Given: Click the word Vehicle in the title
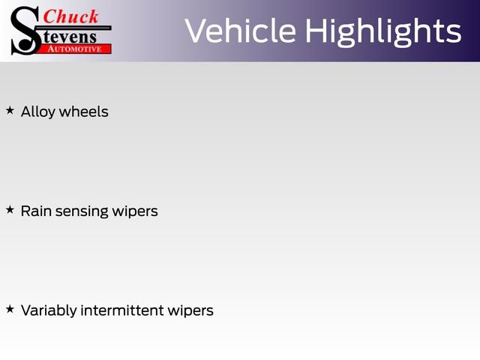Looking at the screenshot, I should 240,31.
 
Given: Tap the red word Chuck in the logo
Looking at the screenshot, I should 70,16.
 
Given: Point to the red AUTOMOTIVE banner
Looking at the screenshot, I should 74,49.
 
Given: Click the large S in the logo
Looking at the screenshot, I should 24,30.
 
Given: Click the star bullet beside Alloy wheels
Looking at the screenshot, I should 10,110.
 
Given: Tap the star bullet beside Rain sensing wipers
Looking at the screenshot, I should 10,210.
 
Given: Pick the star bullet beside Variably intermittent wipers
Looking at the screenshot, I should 10,309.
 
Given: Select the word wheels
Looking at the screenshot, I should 83,112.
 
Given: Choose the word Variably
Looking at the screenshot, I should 49,310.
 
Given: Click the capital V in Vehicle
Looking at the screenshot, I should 196,31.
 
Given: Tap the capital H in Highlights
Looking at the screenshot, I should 318,31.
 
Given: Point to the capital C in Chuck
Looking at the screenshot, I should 49,16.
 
